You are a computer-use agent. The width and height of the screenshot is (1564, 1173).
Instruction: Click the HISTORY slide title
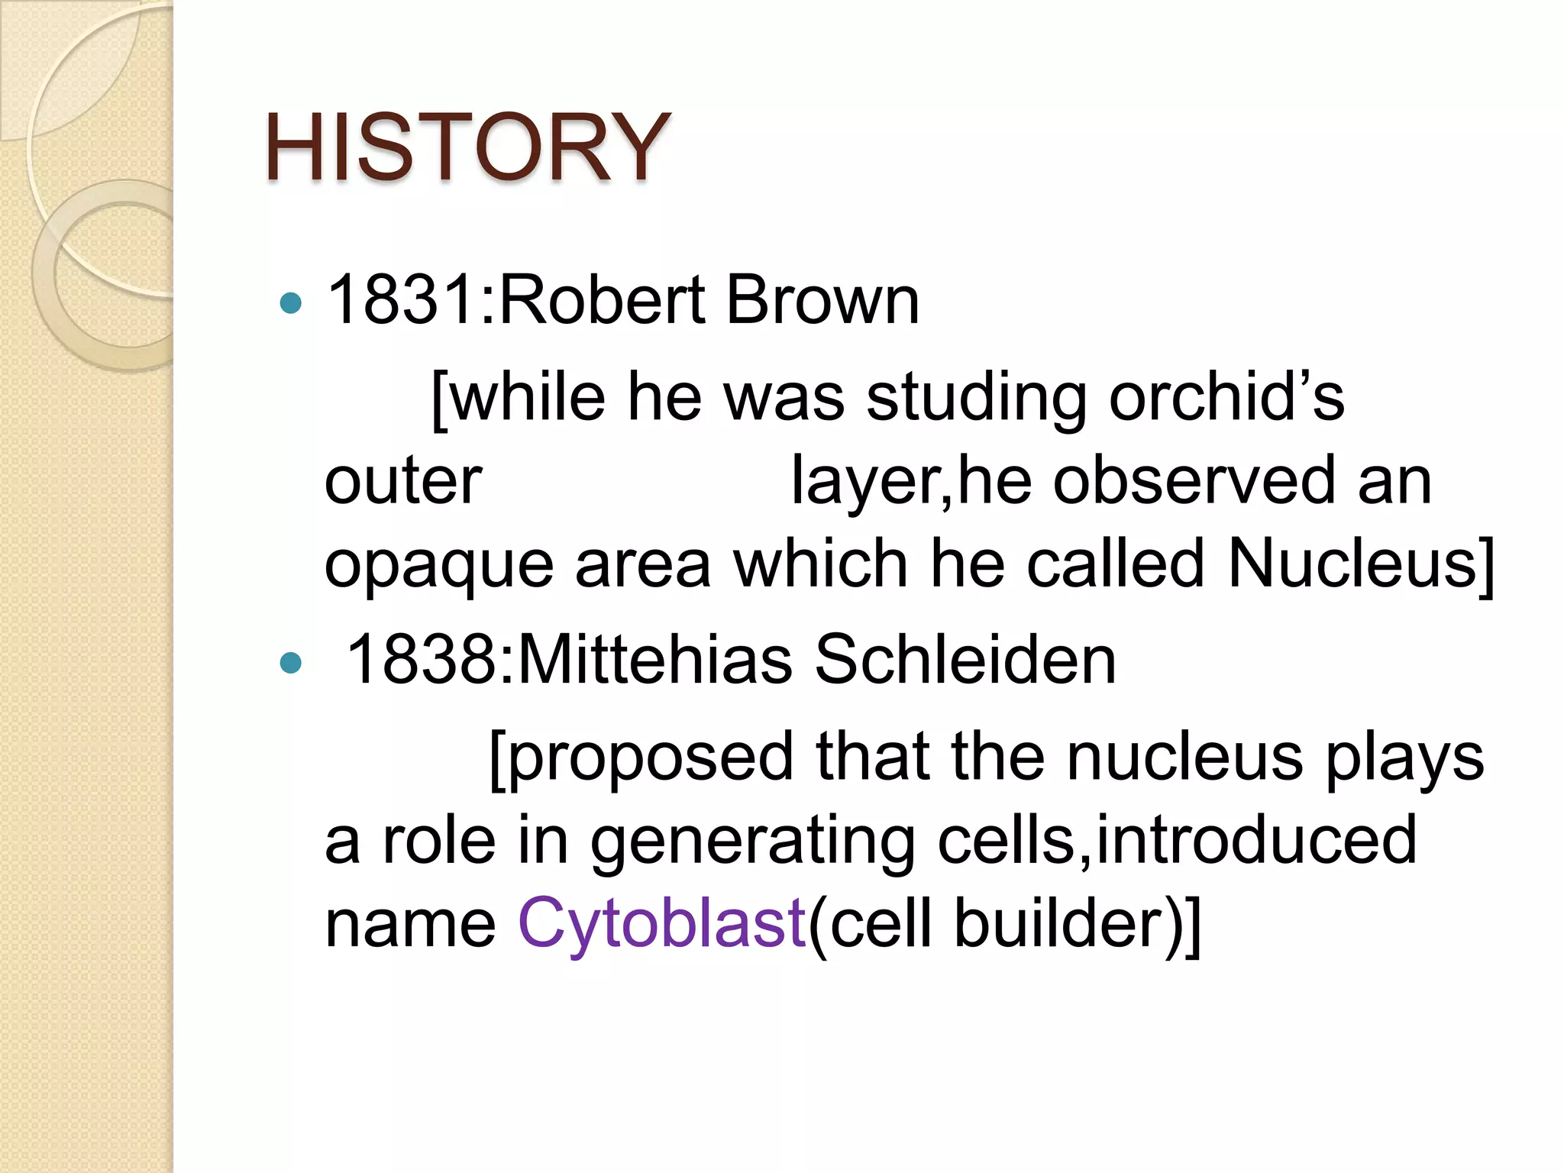tap(467, 147)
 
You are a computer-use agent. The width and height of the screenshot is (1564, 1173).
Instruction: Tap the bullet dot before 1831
tap(291, 304)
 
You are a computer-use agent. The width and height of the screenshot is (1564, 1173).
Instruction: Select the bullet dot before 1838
tap(291, 662)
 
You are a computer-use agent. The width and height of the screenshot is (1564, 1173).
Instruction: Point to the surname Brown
tap(822, 300)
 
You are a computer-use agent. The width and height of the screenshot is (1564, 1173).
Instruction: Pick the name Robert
tap(603, 300)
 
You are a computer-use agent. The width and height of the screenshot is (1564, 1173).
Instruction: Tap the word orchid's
tap(1226, 398)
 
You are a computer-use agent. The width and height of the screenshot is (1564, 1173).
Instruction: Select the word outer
tap(403, 483)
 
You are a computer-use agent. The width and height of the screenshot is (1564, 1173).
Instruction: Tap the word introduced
tap(1255, 840)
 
